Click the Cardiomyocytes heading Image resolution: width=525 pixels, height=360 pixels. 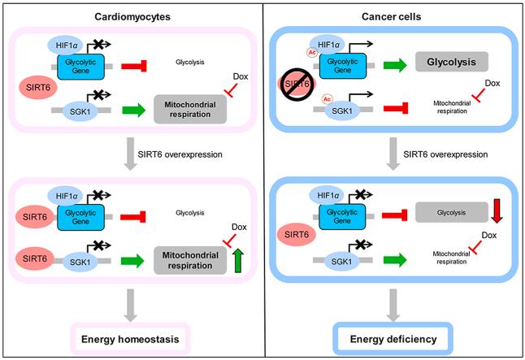click(x=132, y=13)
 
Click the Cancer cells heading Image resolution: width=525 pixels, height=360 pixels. click(x=393, y=13)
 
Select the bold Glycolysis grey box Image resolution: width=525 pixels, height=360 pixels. click(x=451, y=63)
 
